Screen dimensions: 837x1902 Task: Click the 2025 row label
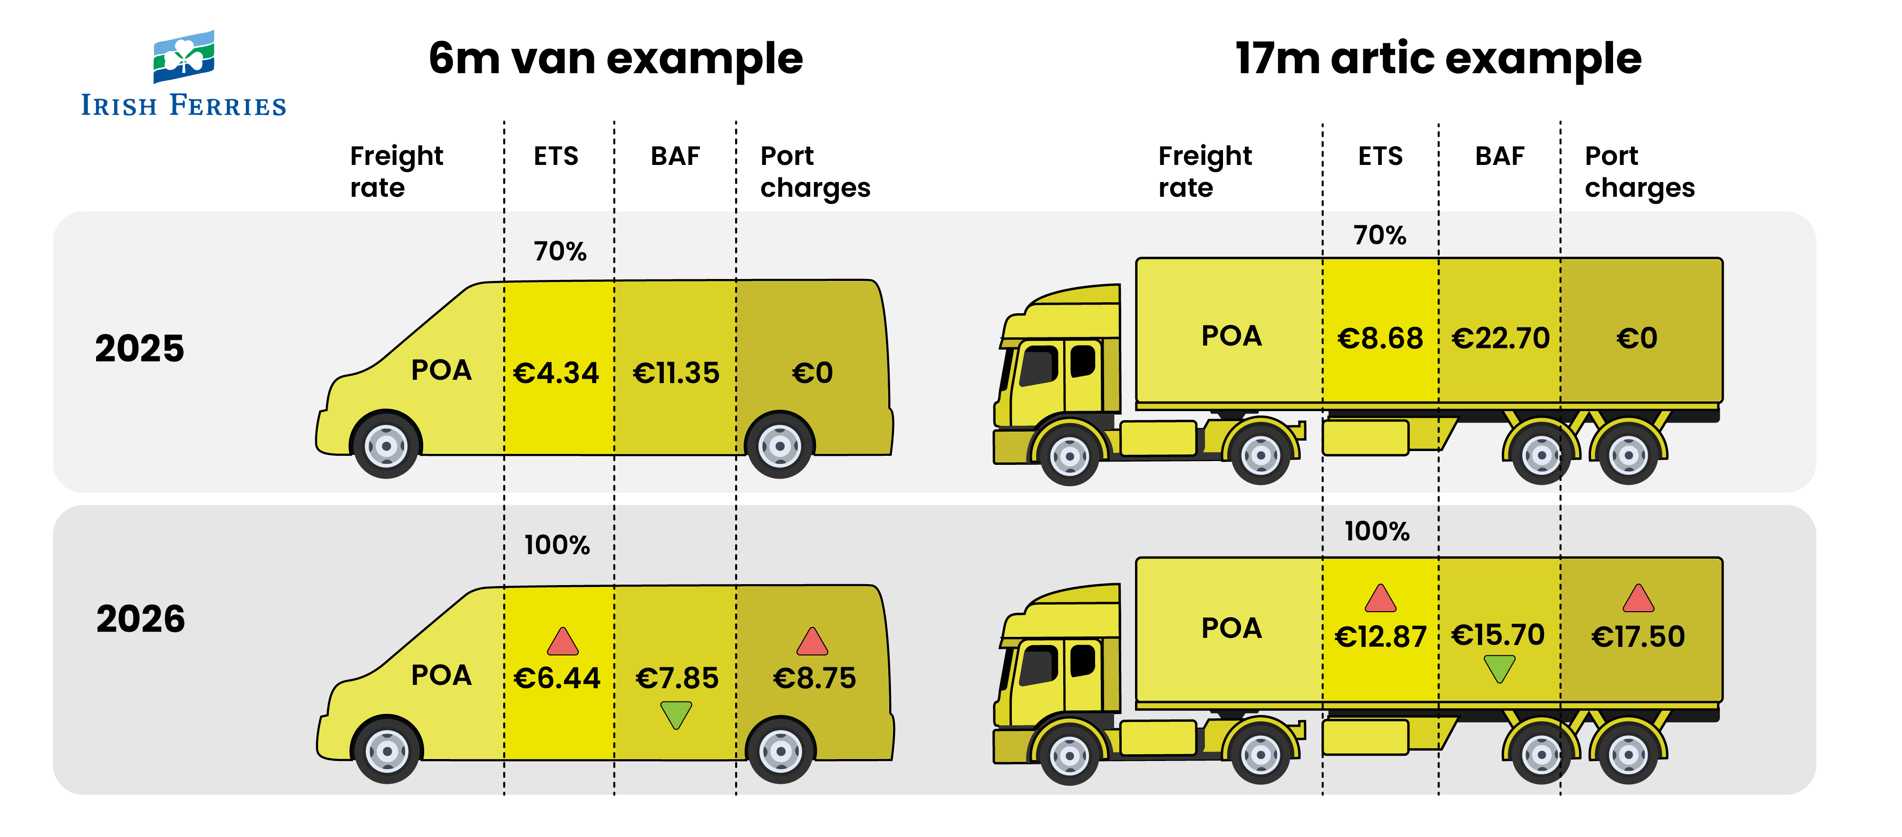pos(139,348)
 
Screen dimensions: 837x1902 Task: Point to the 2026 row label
pos(140,618)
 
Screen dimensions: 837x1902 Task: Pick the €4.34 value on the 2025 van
pos(556,373)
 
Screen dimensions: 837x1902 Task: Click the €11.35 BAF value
pos(676,373)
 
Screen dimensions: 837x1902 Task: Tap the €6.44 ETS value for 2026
pos(557,678)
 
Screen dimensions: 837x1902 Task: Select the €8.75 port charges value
pos(814,678)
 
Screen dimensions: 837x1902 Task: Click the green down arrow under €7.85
pos(676,714)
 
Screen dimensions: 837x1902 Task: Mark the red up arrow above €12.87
pos(1380,598)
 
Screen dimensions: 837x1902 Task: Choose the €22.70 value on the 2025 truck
pos(1500,338)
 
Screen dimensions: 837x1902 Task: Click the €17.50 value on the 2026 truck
pos(1638,636)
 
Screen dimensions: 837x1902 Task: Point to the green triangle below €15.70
pos(1500,668)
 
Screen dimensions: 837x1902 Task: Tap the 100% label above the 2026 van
pos(557,545)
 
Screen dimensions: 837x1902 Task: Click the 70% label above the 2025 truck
pos(1379,235)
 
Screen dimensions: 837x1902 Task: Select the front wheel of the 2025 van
pos(386,445)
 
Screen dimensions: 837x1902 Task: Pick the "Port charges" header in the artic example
pos(1639,171)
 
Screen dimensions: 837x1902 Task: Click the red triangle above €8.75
pos(812,642)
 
